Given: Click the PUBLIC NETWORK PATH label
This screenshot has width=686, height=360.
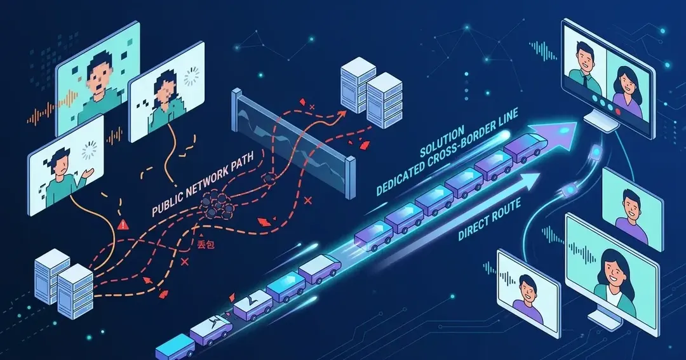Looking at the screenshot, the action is coord(203,183).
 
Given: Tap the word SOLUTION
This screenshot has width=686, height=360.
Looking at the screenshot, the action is coord(442,142).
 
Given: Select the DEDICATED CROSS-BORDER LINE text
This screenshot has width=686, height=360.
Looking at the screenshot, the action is coord(447,151).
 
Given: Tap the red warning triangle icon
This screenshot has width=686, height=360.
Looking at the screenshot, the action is coord(124,225).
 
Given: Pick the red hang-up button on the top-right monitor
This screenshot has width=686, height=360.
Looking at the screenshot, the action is coord(619,111).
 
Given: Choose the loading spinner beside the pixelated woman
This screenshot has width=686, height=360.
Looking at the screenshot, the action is coord(192,77).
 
